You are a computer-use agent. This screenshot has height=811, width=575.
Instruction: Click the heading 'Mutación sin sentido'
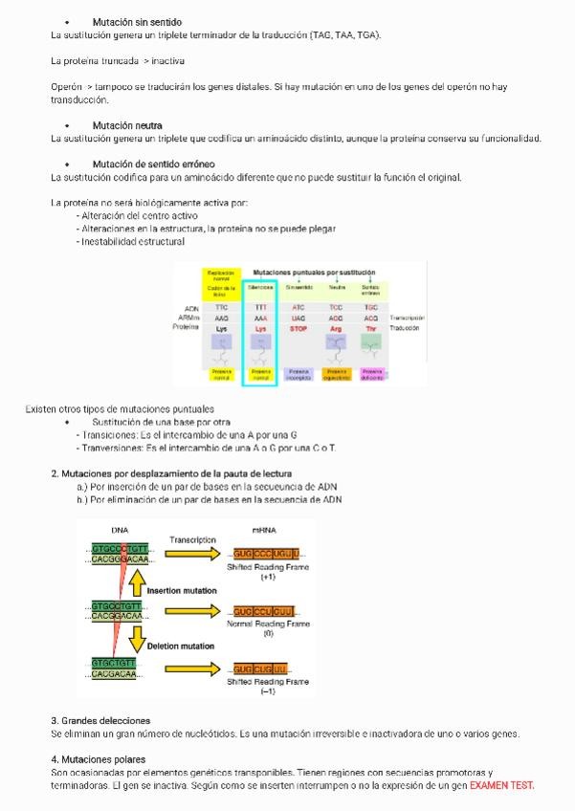pos(137,22)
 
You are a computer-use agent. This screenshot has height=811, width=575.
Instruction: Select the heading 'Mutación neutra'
pos(127,126)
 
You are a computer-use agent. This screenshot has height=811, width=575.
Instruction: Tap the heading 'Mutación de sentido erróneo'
pos(153,164)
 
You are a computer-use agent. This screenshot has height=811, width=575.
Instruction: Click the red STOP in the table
pos(299,328)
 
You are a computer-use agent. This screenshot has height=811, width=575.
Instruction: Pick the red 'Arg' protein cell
pos(336,328)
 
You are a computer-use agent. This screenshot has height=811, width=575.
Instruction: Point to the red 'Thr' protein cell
pos(371,328)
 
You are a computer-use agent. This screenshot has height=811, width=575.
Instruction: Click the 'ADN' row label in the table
pos(191,307)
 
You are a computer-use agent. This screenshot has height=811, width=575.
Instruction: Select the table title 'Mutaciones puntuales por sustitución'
pos(314,273)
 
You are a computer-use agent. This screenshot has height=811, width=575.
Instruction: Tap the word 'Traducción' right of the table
pos(406,328)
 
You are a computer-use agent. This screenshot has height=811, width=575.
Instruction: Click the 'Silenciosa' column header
pos(260,286)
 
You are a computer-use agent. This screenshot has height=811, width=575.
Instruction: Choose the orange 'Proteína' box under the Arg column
pos(336,374)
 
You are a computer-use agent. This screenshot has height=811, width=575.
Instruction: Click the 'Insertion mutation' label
pos(182,591)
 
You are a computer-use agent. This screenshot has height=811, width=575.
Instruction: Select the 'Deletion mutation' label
pos(180,647)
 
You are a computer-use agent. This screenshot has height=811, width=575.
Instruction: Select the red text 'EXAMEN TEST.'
pos(502,785)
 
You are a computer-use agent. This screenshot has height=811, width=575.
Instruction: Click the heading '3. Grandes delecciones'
pos(100,720)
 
